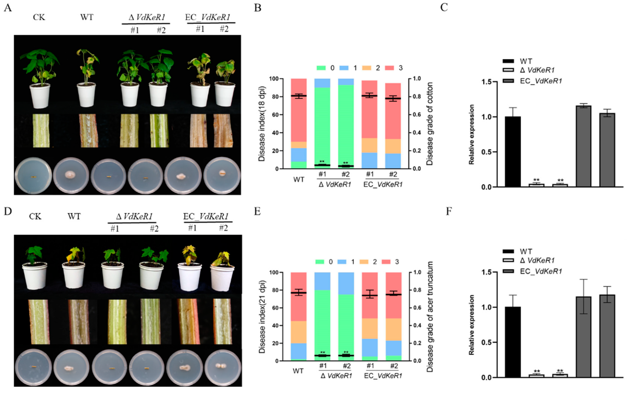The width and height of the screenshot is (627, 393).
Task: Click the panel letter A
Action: (x=8, y=8)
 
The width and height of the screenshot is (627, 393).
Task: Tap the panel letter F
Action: (x=449, y=211)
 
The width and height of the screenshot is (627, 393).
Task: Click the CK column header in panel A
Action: (x=39, y=17)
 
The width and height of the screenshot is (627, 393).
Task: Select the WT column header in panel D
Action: (x=74, y=216)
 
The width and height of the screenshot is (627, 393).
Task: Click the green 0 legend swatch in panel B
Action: (x=321, y=68)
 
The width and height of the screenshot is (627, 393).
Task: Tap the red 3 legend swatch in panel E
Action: (x=386, y=262)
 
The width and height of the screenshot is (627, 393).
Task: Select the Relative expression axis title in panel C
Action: (x=472, y=134)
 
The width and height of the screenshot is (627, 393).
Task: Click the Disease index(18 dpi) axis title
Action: (x=261, y=124)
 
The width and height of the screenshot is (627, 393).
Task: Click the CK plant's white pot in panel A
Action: (x=40, y=95)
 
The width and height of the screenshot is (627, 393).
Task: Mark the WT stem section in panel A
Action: (x=88, y=130)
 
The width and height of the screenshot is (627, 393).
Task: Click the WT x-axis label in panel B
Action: (x=298, y=180)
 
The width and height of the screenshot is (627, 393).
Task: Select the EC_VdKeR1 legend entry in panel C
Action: (x=541, y=81)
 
